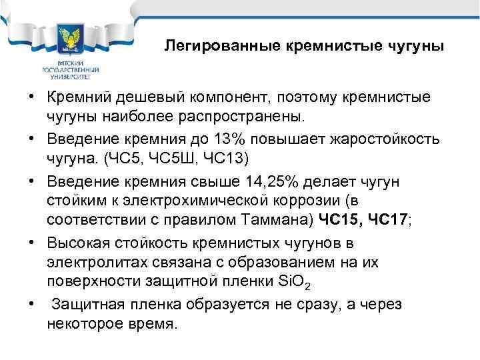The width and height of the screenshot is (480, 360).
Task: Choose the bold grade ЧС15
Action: [x=339, y=218]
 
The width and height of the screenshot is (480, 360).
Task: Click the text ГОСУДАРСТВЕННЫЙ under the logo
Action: [x=71, y=69]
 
